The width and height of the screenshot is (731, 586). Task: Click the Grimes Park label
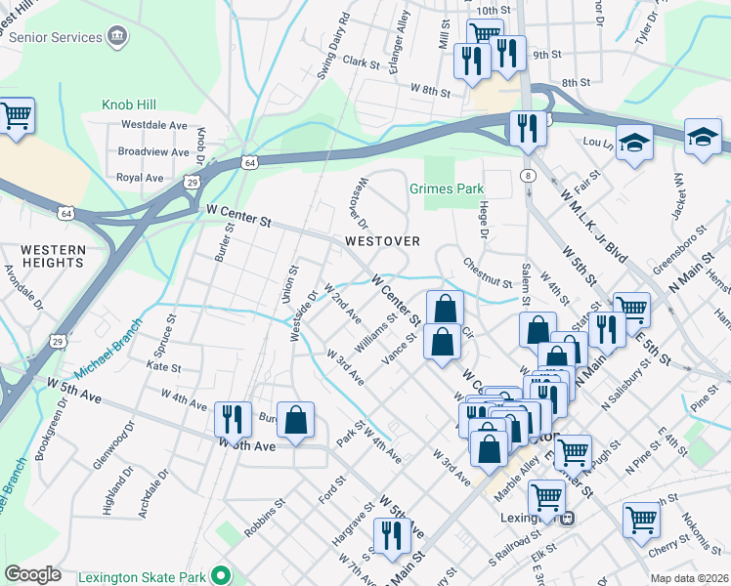tap(447, 188)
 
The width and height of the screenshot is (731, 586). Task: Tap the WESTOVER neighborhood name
tap(382, 241)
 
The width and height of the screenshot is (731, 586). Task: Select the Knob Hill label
tap(128, 105)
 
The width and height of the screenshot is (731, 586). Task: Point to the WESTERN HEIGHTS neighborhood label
tap(53, 257)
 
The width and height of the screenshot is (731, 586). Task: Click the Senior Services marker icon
tap(117, 37)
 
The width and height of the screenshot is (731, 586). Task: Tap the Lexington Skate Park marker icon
tap(224, 574)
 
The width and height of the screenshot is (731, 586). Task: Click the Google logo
tap(32, 573)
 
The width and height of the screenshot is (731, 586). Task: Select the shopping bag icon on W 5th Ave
tap(296, 420)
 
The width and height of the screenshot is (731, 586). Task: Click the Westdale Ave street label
tap(152, 125)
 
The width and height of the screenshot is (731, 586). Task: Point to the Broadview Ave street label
tap(152, 152)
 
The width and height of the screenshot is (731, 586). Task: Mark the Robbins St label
tap(264, 527)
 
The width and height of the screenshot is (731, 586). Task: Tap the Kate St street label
tap(163, 368)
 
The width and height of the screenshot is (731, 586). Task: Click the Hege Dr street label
tap(482, 217)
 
